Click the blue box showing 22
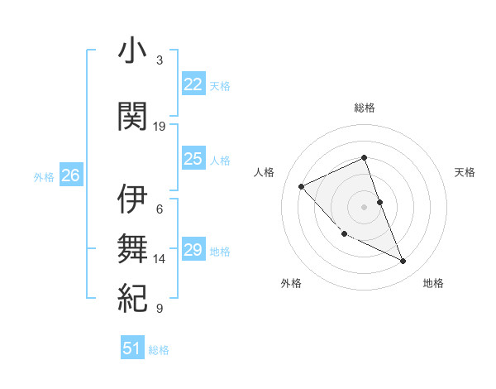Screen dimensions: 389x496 coord(193,84)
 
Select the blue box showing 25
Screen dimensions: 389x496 coord(193,159)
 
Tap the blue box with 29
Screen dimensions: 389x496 coord(193,250)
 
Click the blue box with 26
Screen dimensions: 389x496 coord(70,175)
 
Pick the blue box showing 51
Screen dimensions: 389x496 coord(132,348)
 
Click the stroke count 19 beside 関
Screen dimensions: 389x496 coord(160,127)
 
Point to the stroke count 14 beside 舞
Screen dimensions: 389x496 coord(160,259)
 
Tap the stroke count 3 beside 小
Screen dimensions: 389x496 coord(160,60)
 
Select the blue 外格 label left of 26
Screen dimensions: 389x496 coord(43,176)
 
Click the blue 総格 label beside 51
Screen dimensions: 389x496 coord(159,350)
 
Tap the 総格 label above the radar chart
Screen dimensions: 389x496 coord(365,108)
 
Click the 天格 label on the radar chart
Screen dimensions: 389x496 coord(465,172)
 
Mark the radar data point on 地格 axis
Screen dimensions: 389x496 coord(403,262)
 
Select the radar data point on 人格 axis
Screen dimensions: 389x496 coord(302,186)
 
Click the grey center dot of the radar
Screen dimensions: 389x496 coord(365,206)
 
